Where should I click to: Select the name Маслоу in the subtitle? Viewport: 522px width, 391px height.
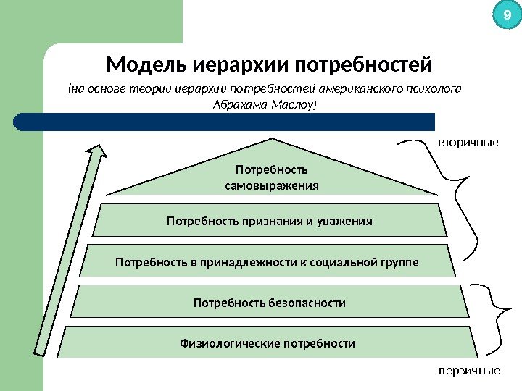pos(294,104)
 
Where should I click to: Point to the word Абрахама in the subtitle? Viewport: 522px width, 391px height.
pos(238,104)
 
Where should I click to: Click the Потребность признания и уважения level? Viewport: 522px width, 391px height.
pos(270,221)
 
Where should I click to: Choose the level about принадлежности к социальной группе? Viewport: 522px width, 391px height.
pos(267,261)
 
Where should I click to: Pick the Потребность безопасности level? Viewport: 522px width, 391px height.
pos(269,302)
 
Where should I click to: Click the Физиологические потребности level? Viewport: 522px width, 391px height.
pos(268,343)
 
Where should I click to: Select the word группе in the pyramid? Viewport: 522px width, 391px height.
pos(400,261)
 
